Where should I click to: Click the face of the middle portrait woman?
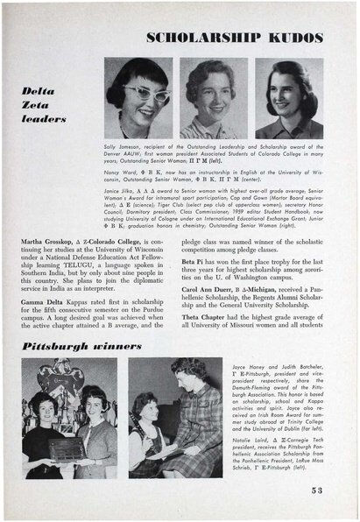pyautogui.click(x=210, y=90)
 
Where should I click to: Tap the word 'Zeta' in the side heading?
pyautogui.click(x=39, y=103)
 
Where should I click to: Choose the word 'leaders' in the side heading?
pyautogui.click(x=44, y=117)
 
